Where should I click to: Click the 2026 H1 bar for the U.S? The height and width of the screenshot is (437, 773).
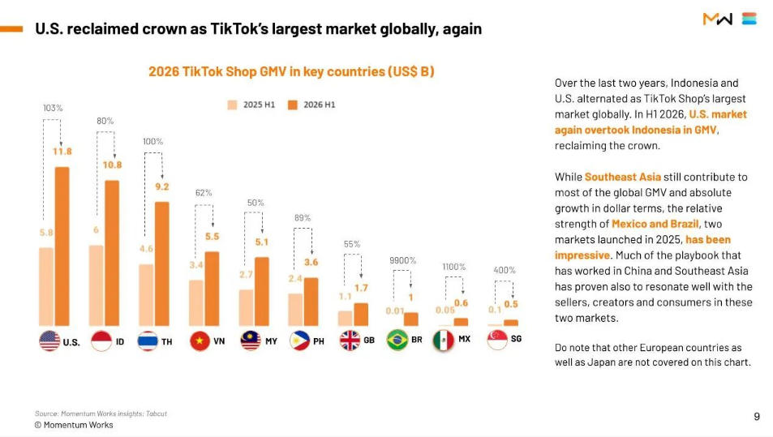pos(62,246)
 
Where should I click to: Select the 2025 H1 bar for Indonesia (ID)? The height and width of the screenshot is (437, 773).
pos(97,285)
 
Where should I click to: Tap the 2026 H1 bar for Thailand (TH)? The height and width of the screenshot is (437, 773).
pos(162,263)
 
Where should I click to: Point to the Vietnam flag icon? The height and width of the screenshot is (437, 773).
pos(200,341)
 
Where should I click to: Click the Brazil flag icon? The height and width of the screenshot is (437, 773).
pos(397,340)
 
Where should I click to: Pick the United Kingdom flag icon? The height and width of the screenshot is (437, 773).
pos(350,341)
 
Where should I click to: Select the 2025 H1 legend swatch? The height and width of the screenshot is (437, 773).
pos(232,105)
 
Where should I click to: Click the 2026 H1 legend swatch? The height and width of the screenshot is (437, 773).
pos(293,105)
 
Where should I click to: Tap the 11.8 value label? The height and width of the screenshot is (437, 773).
pos(62,152)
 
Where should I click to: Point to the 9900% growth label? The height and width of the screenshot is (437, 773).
pos(403,260)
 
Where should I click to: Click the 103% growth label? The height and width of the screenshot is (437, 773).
pos(53,108)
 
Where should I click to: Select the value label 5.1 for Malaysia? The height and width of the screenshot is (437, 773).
pos(262,242)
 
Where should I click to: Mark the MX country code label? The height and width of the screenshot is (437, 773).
pos(465,339)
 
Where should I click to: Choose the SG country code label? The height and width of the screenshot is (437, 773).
pos(516,339)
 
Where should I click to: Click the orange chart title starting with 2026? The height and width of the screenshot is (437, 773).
pos(291,71)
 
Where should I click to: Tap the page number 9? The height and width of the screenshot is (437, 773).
pos(757,417)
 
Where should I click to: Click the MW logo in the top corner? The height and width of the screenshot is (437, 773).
pos(718,19)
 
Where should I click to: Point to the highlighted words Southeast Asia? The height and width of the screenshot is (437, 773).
pos(623,177)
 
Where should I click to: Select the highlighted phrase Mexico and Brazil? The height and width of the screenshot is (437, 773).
pos(655,224)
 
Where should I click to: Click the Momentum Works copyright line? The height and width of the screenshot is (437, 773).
pos(74,425)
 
